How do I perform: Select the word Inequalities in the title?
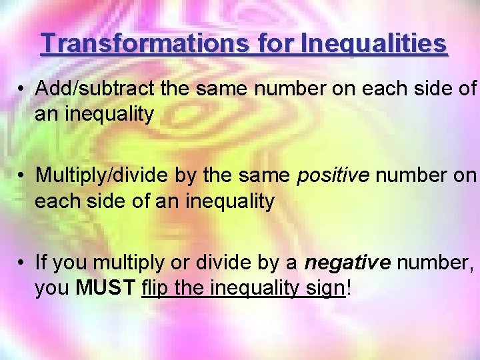click(x=374, y=43)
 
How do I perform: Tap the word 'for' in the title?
click(x=274, y=43)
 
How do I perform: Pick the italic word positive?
click(x=333, y=175)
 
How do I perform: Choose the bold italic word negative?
click(x=347, y=263)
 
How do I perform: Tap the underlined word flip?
click(x=155, y=289)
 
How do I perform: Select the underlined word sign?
click(x=325, y=289)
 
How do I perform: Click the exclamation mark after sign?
click(x=349, y=289)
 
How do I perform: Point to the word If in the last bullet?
click(x=41, y=263)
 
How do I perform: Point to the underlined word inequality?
click(x=255, y=289)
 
